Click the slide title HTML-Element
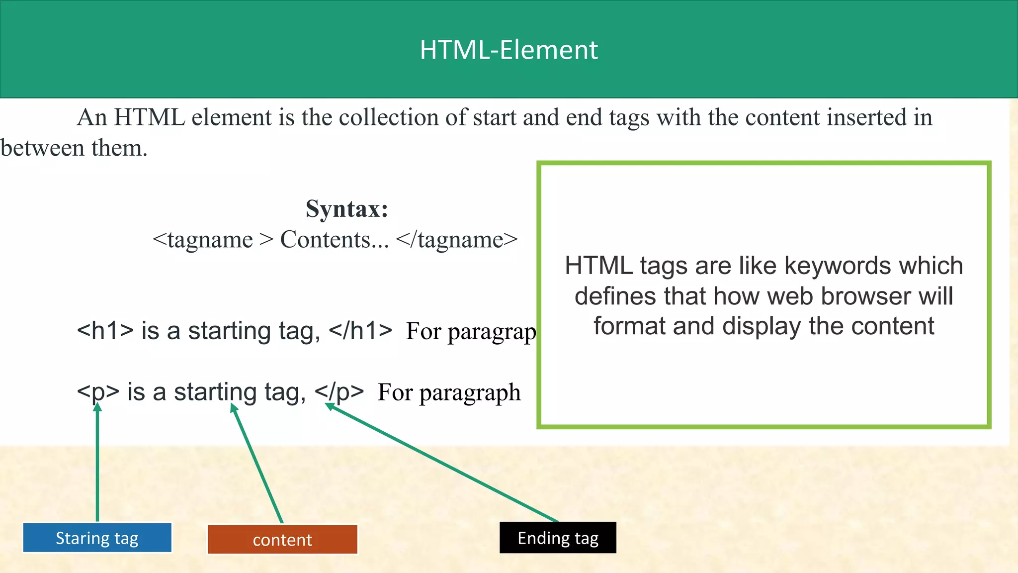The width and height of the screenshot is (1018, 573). pos(509,50)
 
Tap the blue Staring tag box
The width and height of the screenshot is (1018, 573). pos(97,538)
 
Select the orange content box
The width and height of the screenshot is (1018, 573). pos(282,540)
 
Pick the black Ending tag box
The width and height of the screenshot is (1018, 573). pos(558,538)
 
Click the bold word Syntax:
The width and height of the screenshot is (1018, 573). pos(346,208)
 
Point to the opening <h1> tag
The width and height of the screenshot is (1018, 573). pos(105,331)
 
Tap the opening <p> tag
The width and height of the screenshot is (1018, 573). pos(98,392)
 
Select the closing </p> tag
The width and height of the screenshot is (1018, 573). pos(339,392)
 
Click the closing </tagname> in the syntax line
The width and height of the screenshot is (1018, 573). pos(457,240)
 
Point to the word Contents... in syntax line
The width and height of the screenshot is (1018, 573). pos(335,240)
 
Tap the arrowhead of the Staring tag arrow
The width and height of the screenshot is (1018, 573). pos(97,407)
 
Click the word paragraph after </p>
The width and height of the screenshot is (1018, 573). pos(470,393)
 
